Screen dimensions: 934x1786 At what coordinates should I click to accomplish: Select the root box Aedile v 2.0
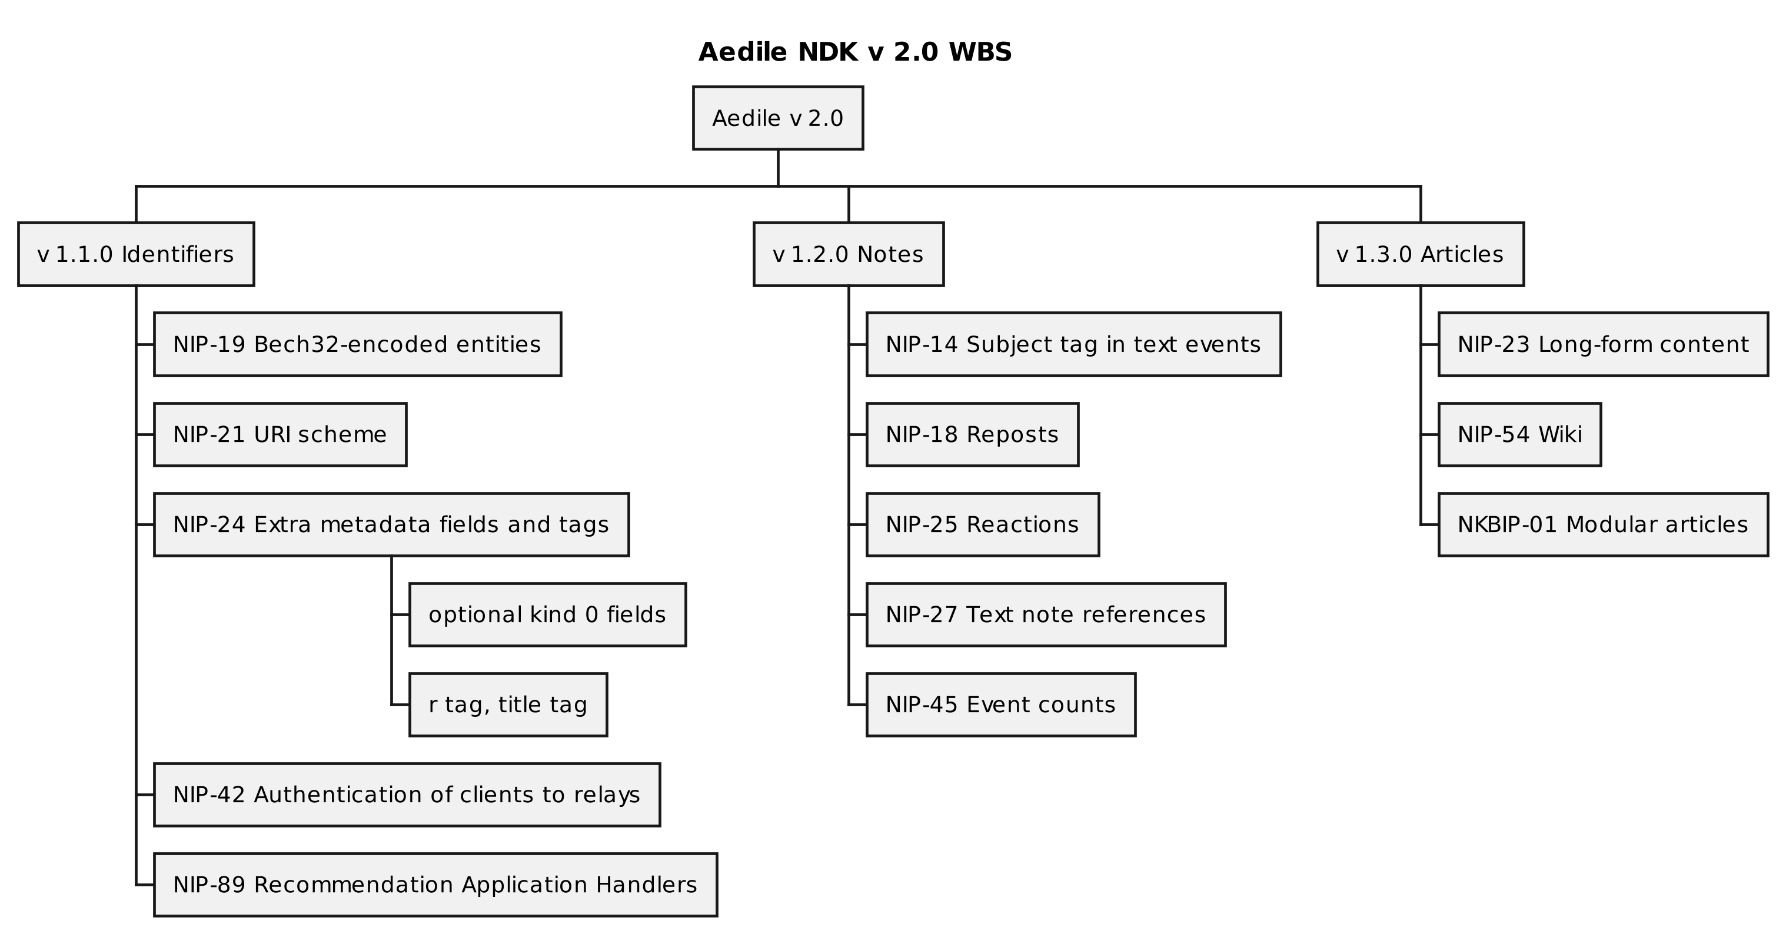pos(777,118)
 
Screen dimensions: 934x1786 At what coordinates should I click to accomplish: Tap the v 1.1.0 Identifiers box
pos(136,254)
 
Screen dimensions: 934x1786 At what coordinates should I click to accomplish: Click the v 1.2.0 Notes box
pos(848,254)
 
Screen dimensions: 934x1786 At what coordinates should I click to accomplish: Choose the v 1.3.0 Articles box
pos(1420,254)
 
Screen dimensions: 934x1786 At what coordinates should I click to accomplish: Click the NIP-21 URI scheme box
pos(280,434)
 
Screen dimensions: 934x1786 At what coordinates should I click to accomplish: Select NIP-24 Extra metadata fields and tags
pos(391,524)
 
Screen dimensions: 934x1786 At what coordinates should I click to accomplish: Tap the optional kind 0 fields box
pos(547,614)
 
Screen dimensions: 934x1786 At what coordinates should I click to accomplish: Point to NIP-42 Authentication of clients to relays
pos(406,795)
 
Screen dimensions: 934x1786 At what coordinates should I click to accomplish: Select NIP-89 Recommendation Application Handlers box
pos(435,885)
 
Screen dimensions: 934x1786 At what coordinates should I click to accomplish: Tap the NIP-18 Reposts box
pos(972,434)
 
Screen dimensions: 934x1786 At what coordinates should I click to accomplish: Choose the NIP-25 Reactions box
pos(982,524)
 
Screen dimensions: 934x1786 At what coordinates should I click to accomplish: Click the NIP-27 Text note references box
pos(1045,614)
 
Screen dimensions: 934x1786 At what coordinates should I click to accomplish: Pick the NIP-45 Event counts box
pos(1000,704)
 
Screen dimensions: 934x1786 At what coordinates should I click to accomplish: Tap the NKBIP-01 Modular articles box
pos(1602,524)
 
